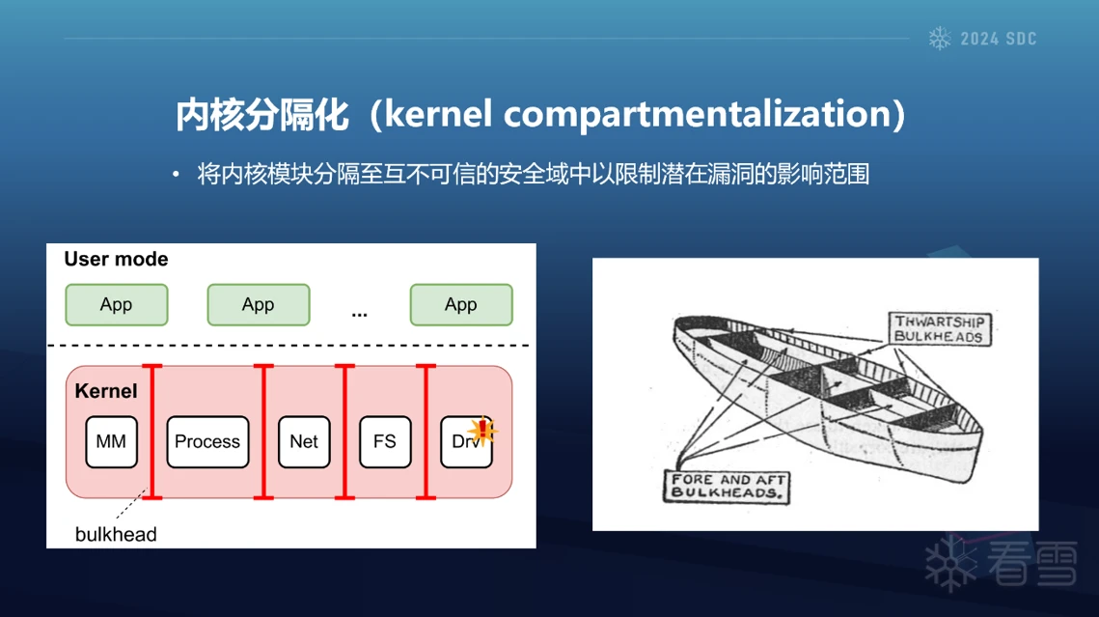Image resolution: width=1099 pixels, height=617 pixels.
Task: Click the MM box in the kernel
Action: (111, 441)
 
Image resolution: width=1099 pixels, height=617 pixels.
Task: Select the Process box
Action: (207, 441)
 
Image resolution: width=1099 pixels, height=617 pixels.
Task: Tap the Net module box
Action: (304, 441)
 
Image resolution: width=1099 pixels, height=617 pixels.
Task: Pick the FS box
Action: (385, 441)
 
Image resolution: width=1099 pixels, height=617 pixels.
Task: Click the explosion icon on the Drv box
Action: (482, 431)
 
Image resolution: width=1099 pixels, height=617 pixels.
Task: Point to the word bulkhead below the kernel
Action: (116, 534)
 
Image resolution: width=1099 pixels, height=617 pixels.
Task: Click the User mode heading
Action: (117, 259)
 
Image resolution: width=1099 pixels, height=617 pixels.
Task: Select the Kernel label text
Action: (106, 390)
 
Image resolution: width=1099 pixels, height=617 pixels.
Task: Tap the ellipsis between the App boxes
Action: (360, 315)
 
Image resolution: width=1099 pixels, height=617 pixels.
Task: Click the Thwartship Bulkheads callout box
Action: (939, 329)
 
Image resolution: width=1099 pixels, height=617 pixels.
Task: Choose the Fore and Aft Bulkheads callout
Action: (727, 486)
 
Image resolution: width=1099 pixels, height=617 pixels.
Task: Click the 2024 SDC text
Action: (999, 40)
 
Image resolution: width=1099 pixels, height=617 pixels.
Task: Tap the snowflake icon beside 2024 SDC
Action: (940, 39)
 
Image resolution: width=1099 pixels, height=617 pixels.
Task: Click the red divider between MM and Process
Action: (152, 432)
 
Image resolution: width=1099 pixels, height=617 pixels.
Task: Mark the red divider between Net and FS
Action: (344, 432)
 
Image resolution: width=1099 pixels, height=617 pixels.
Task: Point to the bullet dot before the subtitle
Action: (176, 173)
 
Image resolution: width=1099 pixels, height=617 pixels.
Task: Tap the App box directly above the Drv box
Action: (461, 305)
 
